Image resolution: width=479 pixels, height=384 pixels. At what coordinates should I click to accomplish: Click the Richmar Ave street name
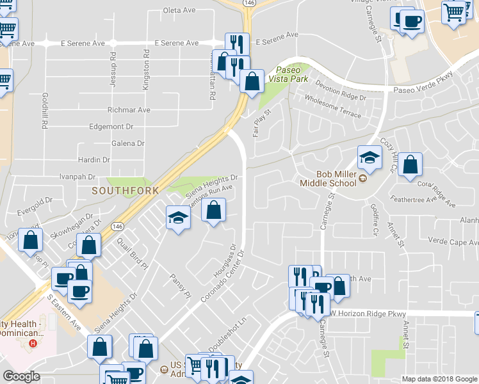(x=129, y=110)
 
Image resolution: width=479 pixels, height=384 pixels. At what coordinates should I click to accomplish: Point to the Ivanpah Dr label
(x=77, y=176)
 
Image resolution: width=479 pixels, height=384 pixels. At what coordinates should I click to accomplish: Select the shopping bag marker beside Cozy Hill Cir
(x=410, y=164)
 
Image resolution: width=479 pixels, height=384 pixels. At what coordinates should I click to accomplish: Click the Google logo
(x=21, y=376)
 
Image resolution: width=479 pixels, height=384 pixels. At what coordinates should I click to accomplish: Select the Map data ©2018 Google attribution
(x=439, y=379)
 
